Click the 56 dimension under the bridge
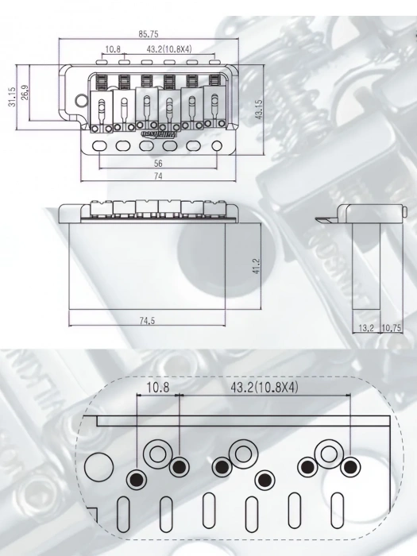click(x=158, y=163)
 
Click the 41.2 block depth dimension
click(x=256, y=265)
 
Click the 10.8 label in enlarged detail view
click(x=157, y=388)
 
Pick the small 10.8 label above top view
click(x=113, y=49)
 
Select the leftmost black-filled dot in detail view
click(x=137, y=479)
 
